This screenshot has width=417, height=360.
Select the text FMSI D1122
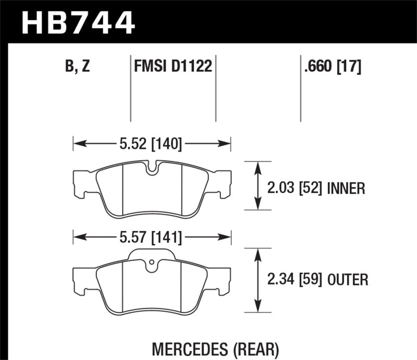tap(173, 67)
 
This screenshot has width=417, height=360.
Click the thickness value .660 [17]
tap(332, 67)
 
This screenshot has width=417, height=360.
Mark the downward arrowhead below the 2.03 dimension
tap(257, 206)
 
